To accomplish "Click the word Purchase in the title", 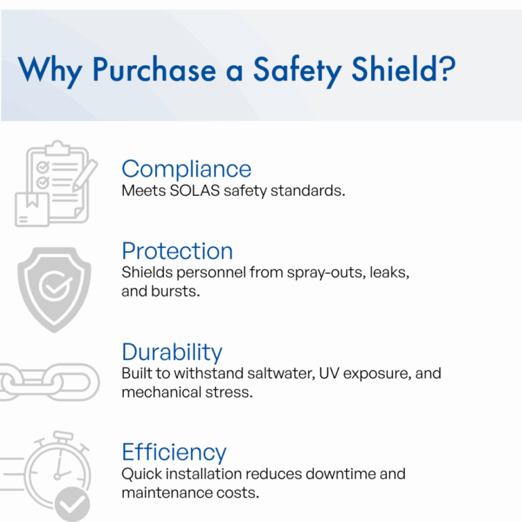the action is coord(154,69).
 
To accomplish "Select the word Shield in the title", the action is coord(394,69).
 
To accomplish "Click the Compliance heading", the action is coord(186,169).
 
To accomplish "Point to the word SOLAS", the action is coord(195,191).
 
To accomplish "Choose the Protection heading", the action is coord(177,251).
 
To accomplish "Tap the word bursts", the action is coord(175,292).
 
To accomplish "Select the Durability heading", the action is coord(172,352).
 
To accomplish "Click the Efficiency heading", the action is coord(174,453).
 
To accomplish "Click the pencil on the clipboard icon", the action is coord(85,175).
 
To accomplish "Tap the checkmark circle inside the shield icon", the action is coord(55,285).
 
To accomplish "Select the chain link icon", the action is coord(49,382).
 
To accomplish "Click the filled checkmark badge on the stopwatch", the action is coord(72,505).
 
